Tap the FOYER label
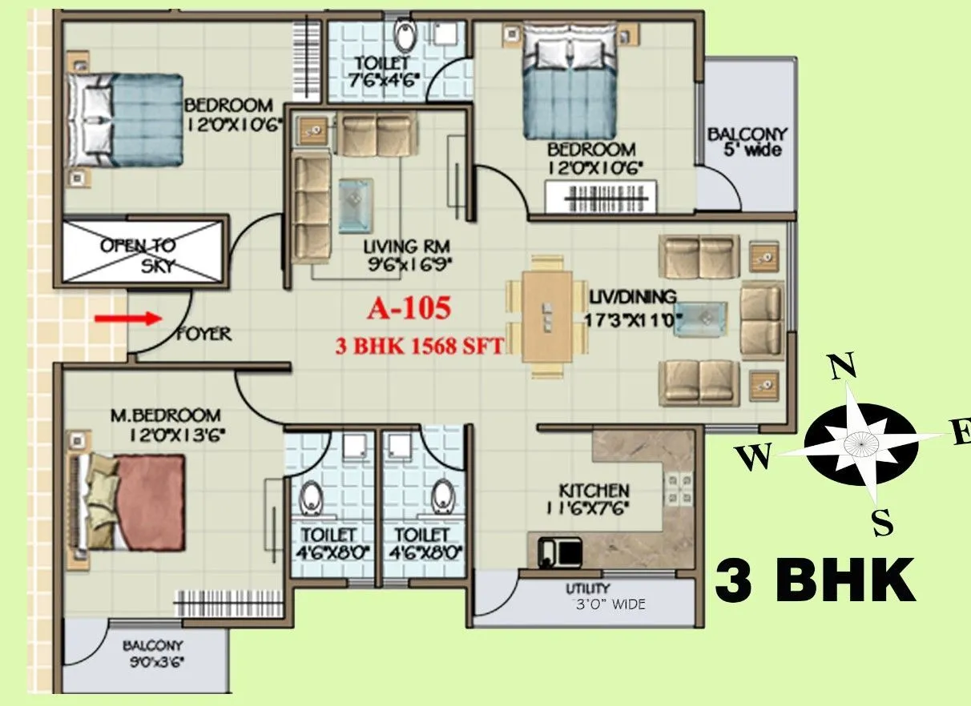click(x=203, y=333)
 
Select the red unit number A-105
click(x=409, y=307)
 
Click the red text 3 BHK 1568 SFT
click(x=420, y=347)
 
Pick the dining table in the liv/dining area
click(x=548, y=315)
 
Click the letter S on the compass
click(x=882, y=523)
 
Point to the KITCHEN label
click(x=594, y=489)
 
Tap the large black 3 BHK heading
click(x=815, y=581)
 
